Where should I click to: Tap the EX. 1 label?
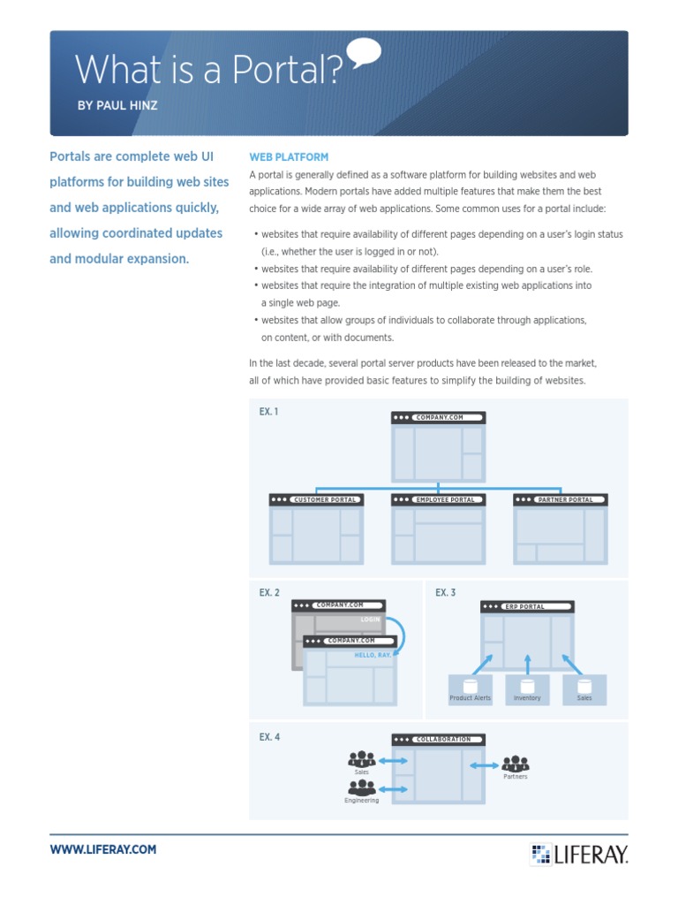coord(269,412)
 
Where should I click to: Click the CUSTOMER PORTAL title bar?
coord(316,500)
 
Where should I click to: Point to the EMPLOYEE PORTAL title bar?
coord(438,500)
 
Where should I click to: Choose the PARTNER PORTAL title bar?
coord(560,500)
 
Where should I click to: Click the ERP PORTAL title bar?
coord(527,607)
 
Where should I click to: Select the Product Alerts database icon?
coord(470,685)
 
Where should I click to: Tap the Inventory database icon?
coord(527,685)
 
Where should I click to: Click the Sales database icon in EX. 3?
coord(584,685)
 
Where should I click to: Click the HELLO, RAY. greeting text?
coord(373,655)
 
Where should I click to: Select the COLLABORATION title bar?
coord(438,740)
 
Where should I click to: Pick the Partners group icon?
coord(515,764)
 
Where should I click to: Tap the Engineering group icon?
coord(362,787)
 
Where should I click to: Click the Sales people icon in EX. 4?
coord(362,759)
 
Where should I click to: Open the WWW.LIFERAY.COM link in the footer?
coord(103,849)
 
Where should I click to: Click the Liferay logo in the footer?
coord(579,854)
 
